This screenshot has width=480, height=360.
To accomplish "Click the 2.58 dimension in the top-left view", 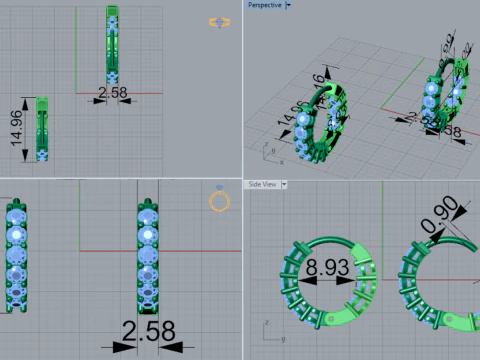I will (111, 93).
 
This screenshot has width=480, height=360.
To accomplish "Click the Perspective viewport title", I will (264, 5).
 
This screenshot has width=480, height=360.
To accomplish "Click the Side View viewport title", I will (263, 184).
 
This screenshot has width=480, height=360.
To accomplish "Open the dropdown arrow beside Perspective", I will (287, 5).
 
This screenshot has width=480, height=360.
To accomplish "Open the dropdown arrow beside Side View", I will (284, 184).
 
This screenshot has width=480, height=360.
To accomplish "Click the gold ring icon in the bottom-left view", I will (218, 202).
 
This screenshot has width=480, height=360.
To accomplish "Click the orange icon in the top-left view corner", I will (217, 22).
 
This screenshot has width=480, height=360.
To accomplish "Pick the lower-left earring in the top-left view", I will (42, 129).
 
